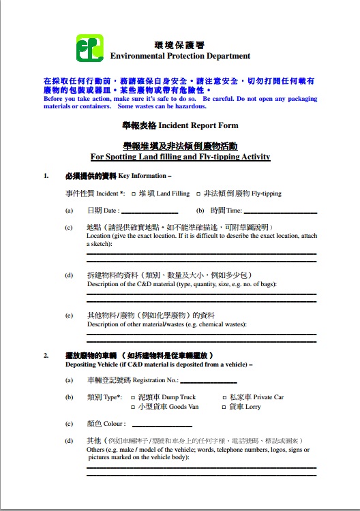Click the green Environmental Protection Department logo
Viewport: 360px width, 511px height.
[x=89, y=48]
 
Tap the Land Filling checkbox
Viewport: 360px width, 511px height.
[x=134, y=193]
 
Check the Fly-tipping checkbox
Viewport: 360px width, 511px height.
[x=198, y=193]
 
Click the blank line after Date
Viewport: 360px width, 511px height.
[x=150, y=212]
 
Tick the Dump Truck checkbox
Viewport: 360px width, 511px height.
[x=134, y=397]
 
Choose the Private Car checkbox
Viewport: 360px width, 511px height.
[x=225, y=397]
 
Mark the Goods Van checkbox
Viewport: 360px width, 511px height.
[x=134, y=407]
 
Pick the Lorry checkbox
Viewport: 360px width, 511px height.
[x=225, y=407]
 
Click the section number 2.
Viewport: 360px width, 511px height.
[x=46, y=356]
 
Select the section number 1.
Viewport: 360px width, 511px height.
[x=46, y=176]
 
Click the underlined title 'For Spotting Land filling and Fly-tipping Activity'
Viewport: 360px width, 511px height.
[x=180, y=157]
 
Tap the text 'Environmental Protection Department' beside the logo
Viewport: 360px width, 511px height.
[x=180, y=56]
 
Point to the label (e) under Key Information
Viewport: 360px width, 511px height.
[x=69, y=315]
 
